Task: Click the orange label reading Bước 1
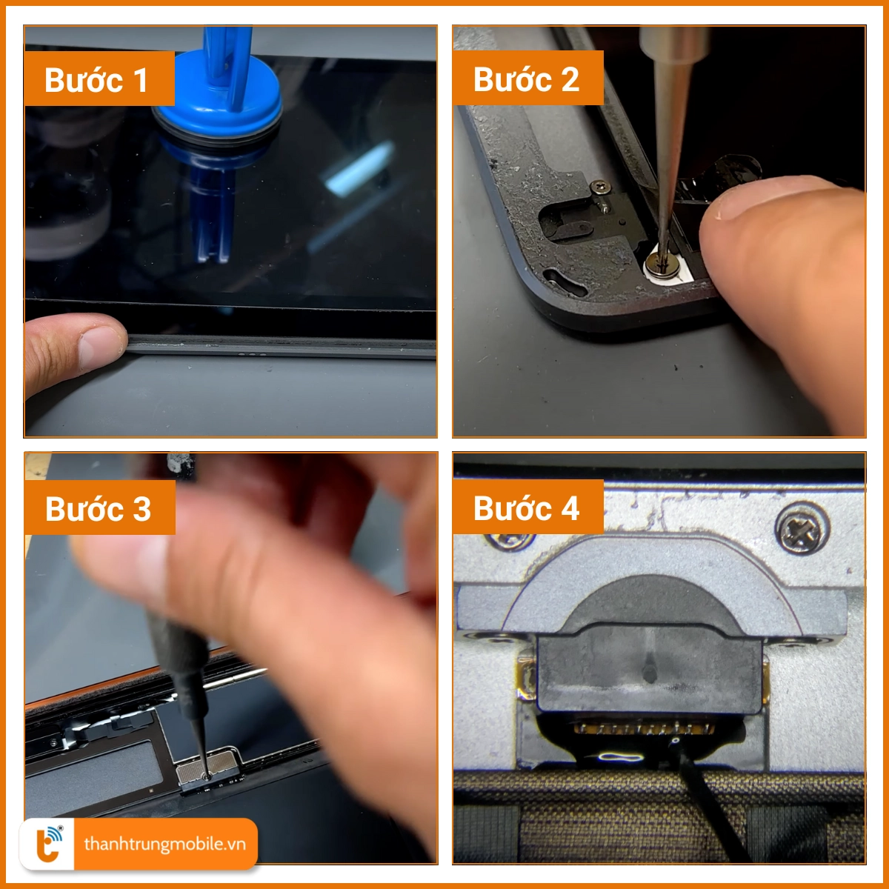click(99, 79)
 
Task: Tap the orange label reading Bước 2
click(527, 78)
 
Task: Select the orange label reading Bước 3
click(100, 507)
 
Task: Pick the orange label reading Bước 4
click(528, 507)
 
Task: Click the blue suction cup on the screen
click(218, 98)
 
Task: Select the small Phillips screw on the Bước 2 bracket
click(601, 187)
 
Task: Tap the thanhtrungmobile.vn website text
click(164, 844)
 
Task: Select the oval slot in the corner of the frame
click(565, 282)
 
